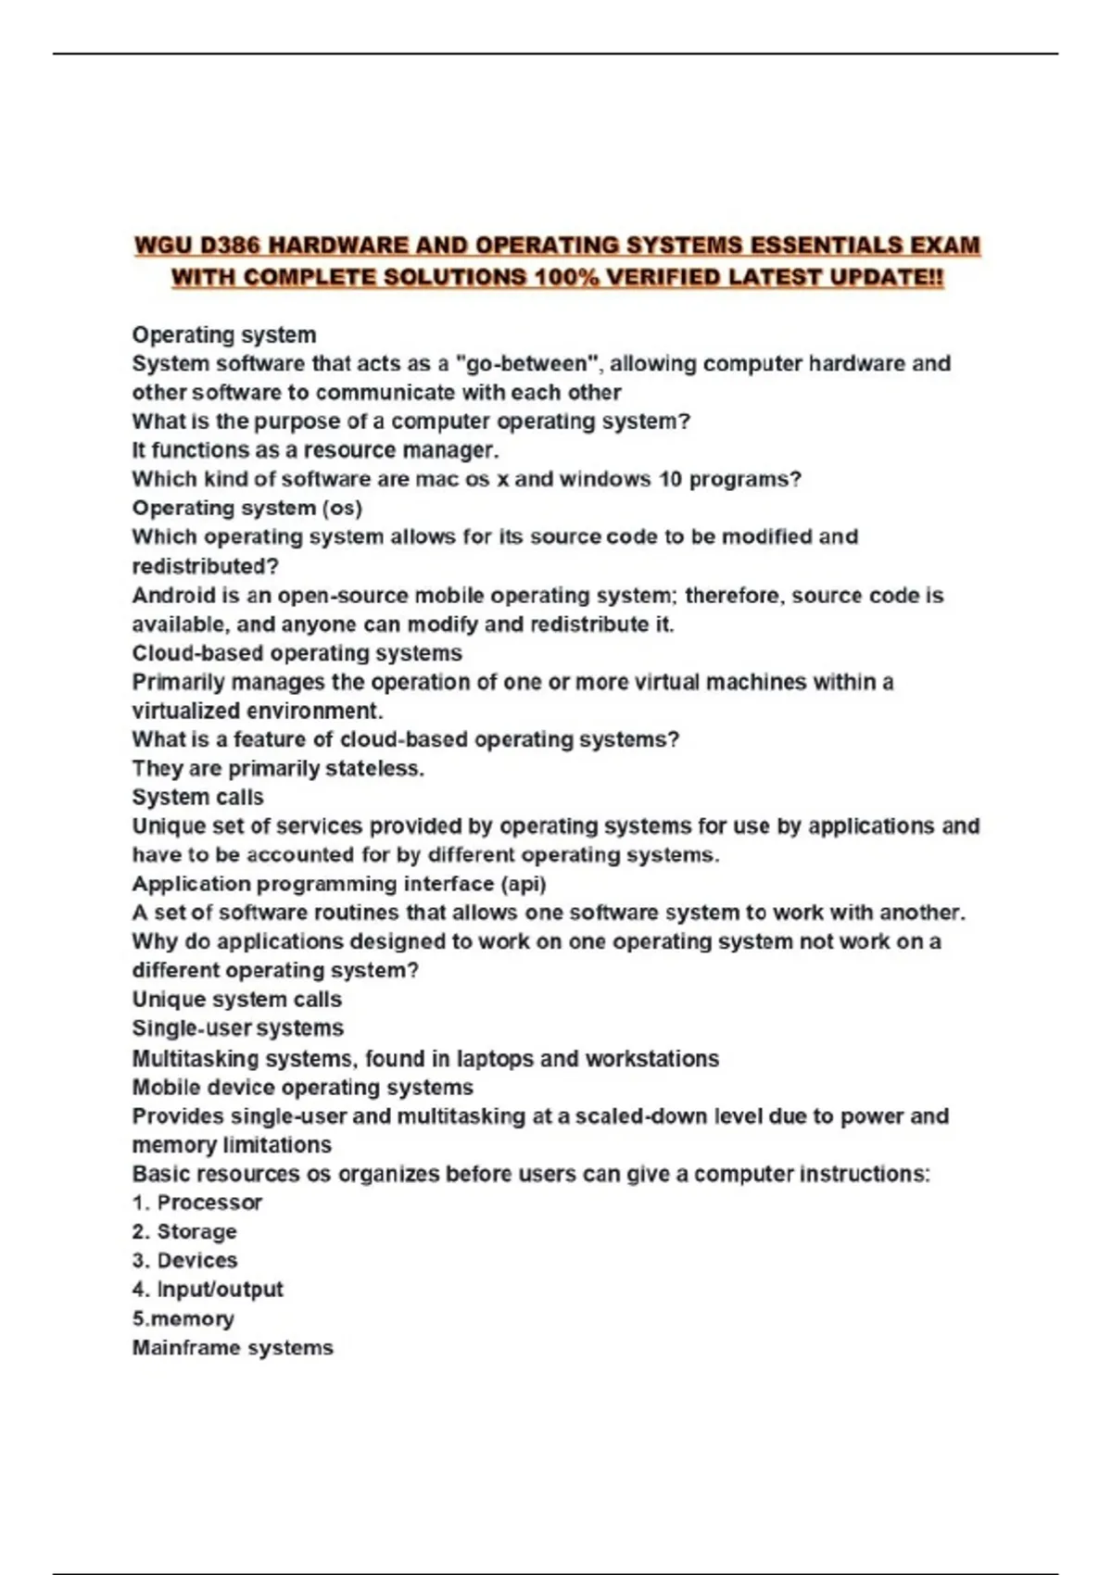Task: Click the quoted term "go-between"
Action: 526,363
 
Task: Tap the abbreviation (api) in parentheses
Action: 523,884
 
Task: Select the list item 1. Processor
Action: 196,1203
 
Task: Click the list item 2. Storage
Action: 184,1231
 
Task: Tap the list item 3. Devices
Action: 184,1260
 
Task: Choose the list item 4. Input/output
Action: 208,1289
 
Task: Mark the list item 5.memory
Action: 183,1318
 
